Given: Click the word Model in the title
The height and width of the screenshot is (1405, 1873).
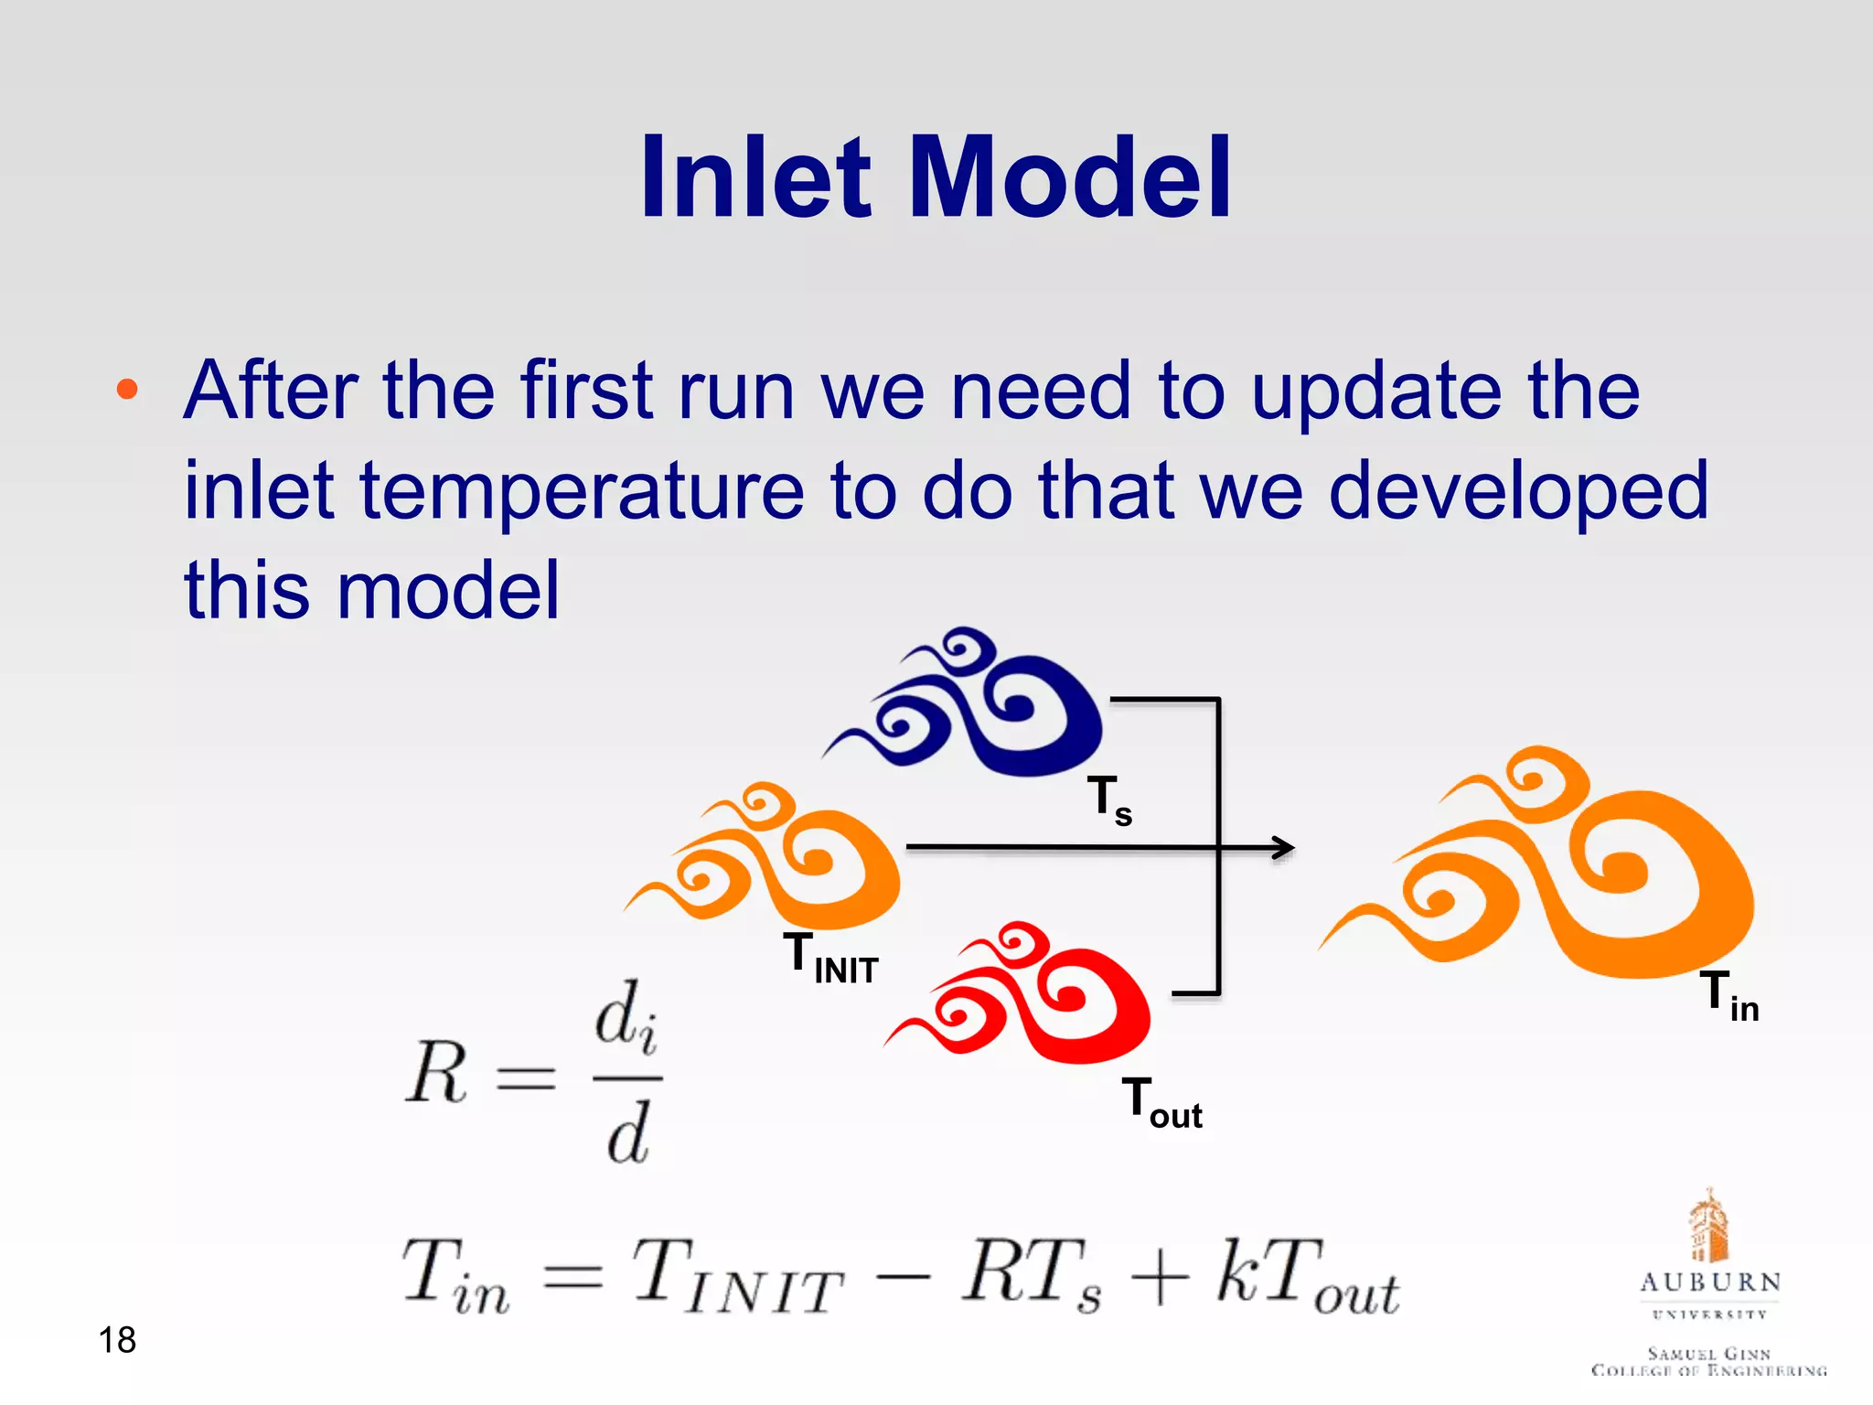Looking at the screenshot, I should point(1070,177).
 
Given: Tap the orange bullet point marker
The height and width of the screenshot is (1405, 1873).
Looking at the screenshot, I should point(127,391).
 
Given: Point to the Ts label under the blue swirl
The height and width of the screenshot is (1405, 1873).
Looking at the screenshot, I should point(1109,799).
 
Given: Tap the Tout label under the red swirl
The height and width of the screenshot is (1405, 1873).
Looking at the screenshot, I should point(1161,1103).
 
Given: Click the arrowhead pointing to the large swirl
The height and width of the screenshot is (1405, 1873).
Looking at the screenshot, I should point(1284,848).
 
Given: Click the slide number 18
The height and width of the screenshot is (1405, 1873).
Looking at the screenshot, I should point(117,1340).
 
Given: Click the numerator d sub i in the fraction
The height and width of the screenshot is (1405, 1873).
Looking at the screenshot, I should point(626,1018).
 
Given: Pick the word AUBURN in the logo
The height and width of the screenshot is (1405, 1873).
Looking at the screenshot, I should point(1710,1282).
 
